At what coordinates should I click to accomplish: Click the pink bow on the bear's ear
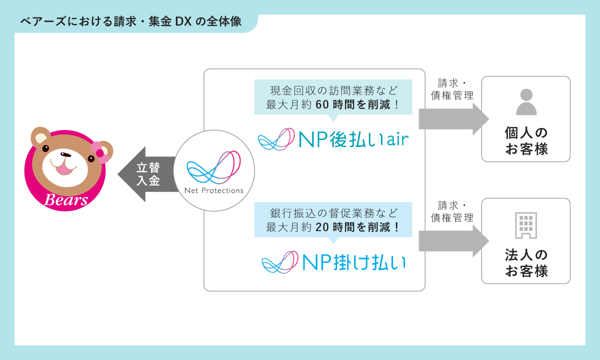click(x=100, y=152)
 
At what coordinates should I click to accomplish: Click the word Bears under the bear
click(x=66, y=200)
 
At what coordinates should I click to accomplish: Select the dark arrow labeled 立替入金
click(x=145, y=174)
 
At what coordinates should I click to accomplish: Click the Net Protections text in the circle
click(x=213, y=190)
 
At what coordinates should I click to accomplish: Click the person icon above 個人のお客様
click(x=525, y=102)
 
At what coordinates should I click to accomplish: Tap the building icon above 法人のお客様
click(x=525, y=225)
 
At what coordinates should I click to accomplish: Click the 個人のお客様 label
click(x=526, y=141)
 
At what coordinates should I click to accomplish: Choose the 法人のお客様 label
click(x=526, y=263)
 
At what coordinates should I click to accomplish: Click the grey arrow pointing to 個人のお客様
click(x=452, y=119)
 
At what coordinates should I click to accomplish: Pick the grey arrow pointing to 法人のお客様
click(x=452, y=241)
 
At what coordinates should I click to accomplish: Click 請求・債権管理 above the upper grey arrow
click(x=452, y=89)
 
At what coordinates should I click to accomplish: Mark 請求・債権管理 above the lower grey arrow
click(x=452, y=211)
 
